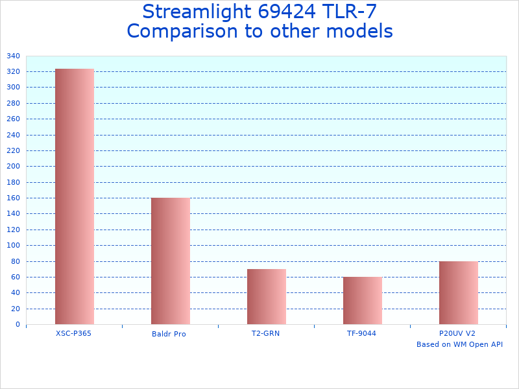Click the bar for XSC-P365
[75, 196]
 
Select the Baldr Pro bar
[171, 261]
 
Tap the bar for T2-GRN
[267, 296]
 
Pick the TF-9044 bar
[363, 300]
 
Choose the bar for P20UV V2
[459, 292]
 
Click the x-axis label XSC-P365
[73, 333]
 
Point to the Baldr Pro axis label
[169, 334]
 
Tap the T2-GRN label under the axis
[266, 333]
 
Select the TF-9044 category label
[361, 333]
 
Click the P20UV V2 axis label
[457, 333]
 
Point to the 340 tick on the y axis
[14, 56]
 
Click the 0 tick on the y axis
[18, 325]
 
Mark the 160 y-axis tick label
[14, 198]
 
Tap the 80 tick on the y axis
[16, 261]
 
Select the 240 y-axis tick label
[14, 135]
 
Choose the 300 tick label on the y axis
[14, 88]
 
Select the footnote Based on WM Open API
[459, 344]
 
